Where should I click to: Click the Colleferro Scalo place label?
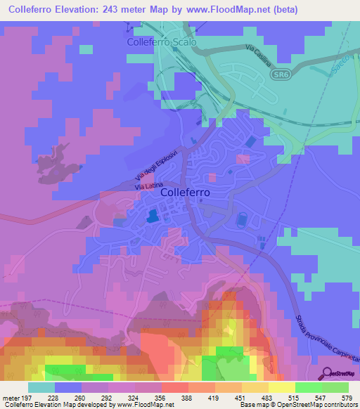[162, 42]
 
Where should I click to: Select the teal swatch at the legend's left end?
[41, 387]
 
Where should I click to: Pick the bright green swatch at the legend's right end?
[335, 387]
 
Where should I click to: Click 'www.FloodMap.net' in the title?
[230, 10]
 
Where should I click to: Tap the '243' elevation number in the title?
[121, 10]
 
